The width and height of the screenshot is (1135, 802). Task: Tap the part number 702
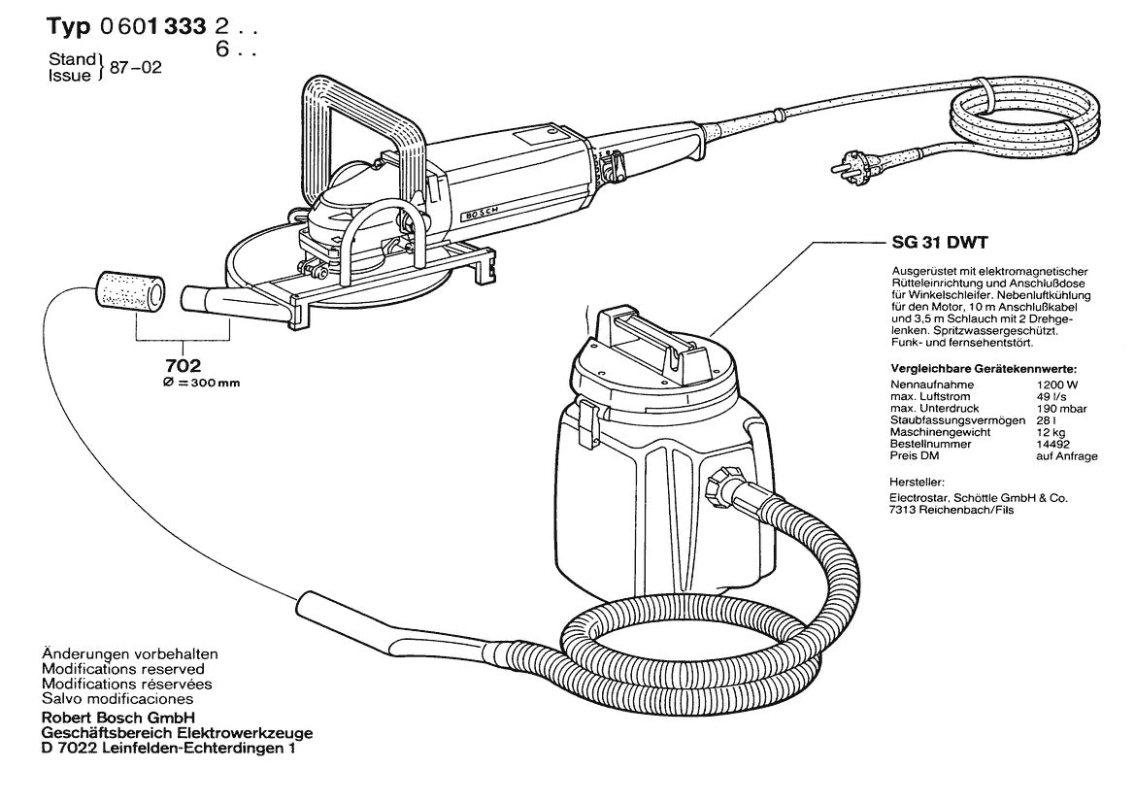click(x=183, y=366)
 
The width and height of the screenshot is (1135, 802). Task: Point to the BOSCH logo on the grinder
click(x=481, y=211)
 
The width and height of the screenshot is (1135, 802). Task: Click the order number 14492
click(x=1052, y=444)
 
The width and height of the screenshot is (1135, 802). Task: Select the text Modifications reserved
click(x=123, y=669)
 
